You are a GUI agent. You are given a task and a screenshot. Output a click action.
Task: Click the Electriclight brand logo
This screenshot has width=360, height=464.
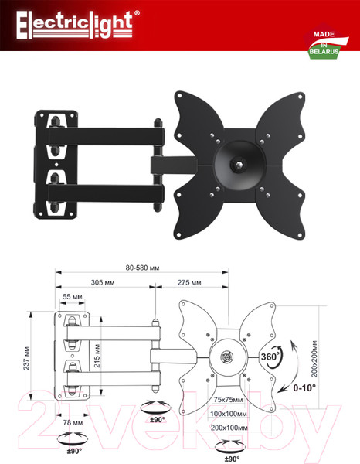point(77,25)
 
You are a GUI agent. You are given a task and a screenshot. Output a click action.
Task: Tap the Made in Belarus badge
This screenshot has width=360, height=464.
point(326,43)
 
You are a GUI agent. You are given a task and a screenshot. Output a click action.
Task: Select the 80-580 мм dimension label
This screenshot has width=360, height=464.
point(142,268)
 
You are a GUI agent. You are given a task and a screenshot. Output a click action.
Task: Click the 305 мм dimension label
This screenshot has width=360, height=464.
point(103,282)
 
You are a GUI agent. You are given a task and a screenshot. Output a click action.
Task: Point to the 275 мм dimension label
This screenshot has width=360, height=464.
point(189,282)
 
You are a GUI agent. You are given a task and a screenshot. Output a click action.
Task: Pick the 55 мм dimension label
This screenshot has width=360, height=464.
point(73,296)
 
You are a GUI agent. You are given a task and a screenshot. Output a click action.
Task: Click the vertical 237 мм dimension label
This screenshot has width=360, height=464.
point(26,358)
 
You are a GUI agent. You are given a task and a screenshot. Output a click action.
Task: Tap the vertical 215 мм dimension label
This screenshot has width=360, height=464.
point(97,356)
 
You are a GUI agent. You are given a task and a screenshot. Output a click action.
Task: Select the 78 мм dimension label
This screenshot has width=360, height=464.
point(73,422)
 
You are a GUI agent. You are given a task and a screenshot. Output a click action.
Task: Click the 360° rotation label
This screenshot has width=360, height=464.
point(270,357)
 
